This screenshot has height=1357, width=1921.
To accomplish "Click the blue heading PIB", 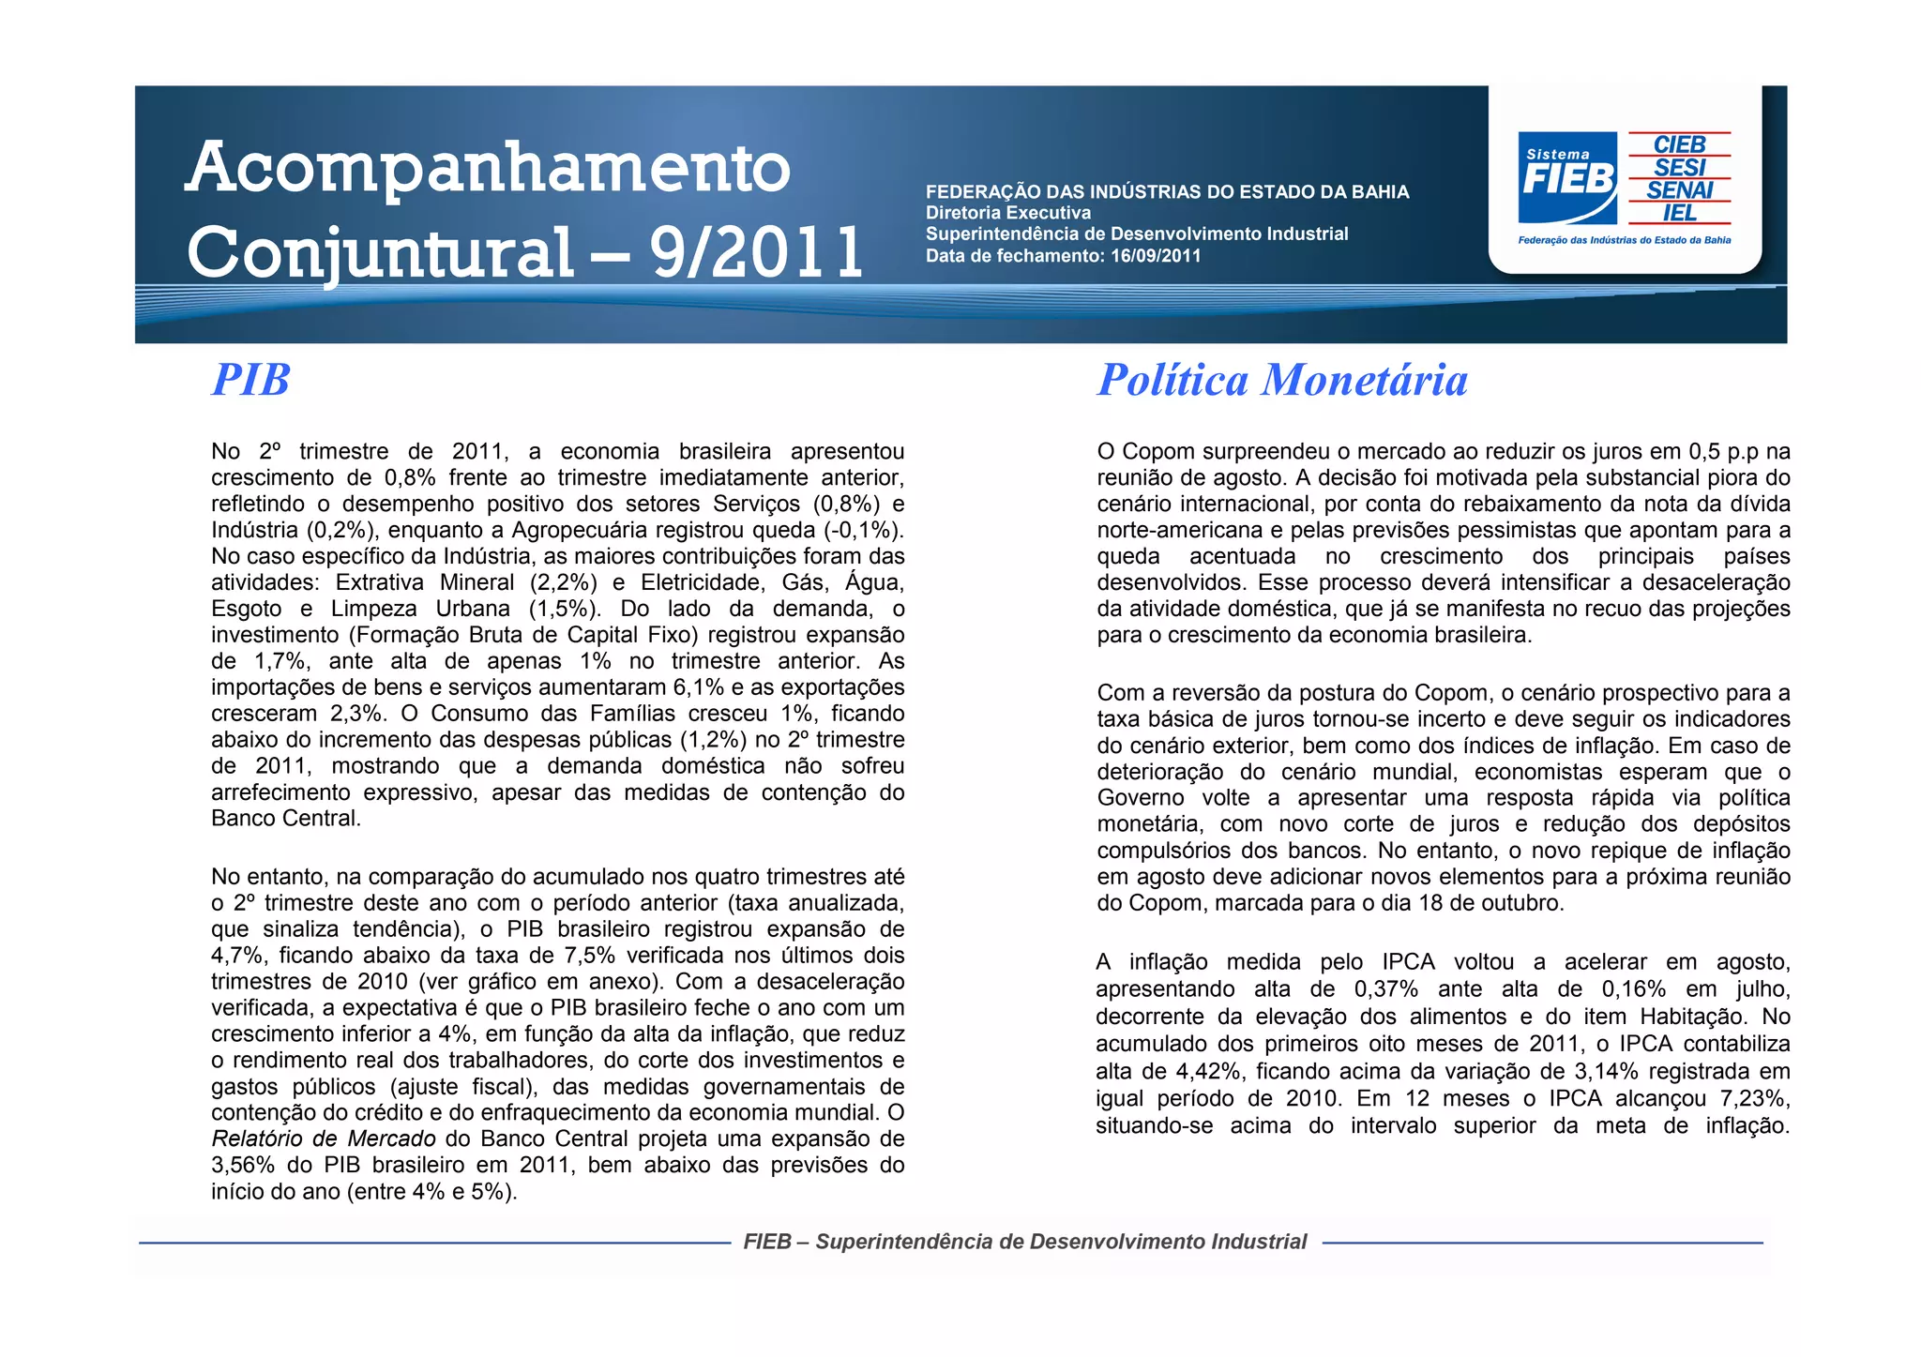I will pos(250,380).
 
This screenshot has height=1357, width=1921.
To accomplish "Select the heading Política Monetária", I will pos(1282,380).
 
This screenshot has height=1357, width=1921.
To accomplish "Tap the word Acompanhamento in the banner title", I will pos(488,169).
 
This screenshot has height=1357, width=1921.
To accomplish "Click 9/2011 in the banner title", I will pos(756,253).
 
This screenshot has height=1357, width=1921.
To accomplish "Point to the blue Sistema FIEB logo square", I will pos(1567,177).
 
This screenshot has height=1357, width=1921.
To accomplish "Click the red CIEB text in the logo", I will pos(1679,144).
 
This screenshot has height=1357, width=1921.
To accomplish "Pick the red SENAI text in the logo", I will pos(1680,190).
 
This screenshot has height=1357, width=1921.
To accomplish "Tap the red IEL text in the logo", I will pos(1680,213).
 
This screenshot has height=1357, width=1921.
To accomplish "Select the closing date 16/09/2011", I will pos(1156,256).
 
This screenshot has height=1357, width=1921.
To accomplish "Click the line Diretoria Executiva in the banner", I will pos(1008,213).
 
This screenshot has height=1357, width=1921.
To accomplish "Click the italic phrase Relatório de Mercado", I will pos(324,1138).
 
